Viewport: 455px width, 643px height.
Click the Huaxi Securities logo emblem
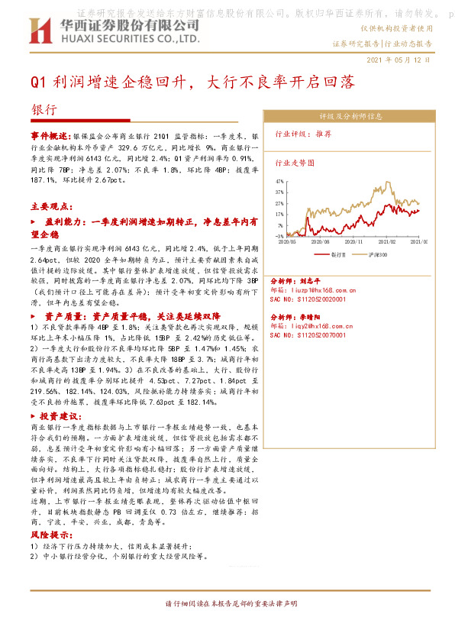(39, 31)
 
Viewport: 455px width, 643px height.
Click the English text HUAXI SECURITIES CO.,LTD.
(125, 37)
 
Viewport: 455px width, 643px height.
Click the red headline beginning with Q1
(193, 82)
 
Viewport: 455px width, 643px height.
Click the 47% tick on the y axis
(279, 182)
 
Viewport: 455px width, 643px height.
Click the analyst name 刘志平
(310, 281)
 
